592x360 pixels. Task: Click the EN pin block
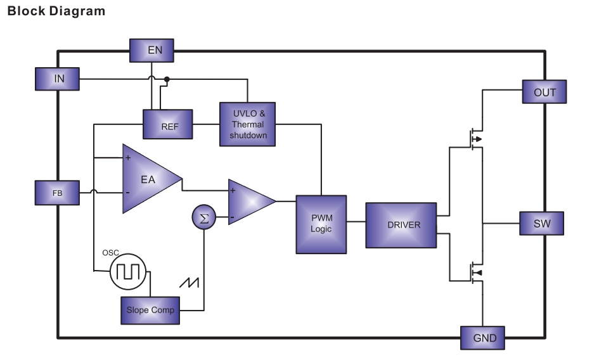(x=151, y=50)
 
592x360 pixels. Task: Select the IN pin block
(x=58, y=79)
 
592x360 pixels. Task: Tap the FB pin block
(x=57, y=193)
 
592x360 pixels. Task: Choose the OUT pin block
(x=544, y=92)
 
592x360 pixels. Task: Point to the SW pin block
(x=541, y=223)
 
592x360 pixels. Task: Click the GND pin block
(x=482, y=337)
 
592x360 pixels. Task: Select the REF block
(x=168, y=124)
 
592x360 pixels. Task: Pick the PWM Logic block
(x=321, y=224)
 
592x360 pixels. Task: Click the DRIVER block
(x=401, y=225)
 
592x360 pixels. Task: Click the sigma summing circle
(x=203, y=218)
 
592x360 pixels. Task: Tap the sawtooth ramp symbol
(x=190, y=283)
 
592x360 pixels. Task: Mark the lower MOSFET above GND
(x=474, y=273)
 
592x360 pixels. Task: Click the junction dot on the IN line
(x=167, y=79)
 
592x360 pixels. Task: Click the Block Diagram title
(x=56, y=11)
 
